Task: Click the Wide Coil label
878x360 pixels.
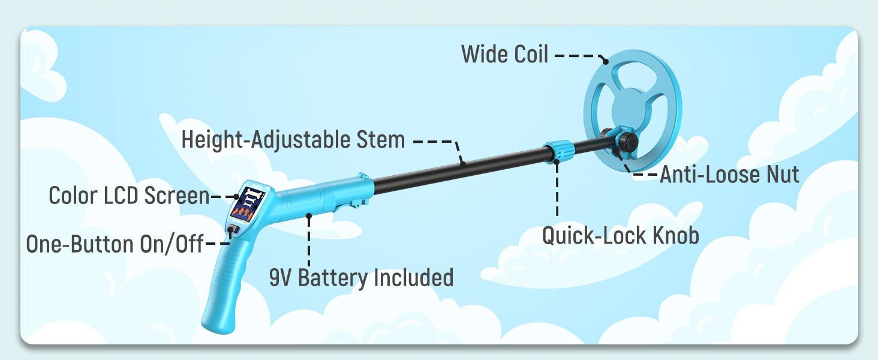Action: (504, 55)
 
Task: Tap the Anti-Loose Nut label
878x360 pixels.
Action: (729, 175)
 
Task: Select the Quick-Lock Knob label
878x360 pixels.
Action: (620, 235)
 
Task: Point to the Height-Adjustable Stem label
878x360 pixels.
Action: (293, 140)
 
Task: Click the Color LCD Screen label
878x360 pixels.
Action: (128, 196)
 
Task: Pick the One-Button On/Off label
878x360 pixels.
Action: (115, 244)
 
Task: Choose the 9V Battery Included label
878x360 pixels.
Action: (361, 278)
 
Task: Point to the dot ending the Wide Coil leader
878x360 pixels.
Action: (606, 61)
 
